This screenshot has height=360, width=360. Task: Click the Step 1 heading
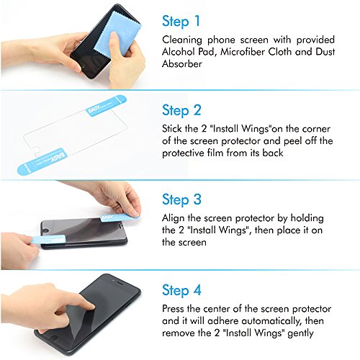tap(181, 21)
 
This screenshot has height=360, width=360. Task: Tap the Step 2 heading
tap(181, 111)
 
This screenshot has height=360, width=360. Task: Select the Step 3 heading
tap(181, 199)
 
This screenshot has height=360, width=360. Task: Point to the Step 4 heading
tap(181, 290)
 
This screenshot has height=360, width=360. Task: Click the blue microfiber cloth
tap(117, 34)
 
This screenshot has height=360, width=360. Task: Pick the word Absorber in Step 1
tap(182, 64)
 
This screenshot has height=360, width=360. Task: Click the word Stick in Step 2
tap(172, 129)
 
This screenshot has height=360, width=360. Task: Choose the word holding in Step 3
tap(307, 218)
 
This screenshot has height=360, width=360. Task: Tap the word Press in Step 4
tap(173, 309)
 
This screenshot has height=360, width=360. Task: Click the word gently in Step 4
tap(300, 333)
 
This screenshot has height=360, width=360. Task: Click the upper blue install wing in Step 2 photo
tap(106, 106)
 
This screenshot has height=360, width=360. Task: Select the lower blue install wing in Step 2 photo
tap(41, 161)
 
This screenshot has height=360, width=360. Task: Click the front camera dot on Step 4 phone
tap(113, 280)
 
